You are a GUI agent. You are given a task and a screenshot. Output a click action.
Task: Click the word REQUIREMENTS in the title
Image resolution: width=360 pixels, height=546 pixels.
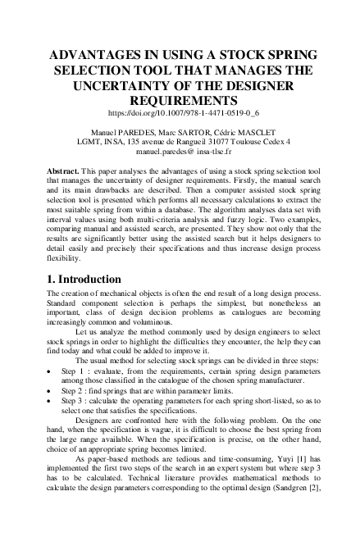point(180,99)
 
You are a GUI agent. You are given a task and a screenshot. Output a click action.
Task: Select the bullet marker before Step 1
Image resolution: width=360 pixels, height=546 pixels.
point(52,371)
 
